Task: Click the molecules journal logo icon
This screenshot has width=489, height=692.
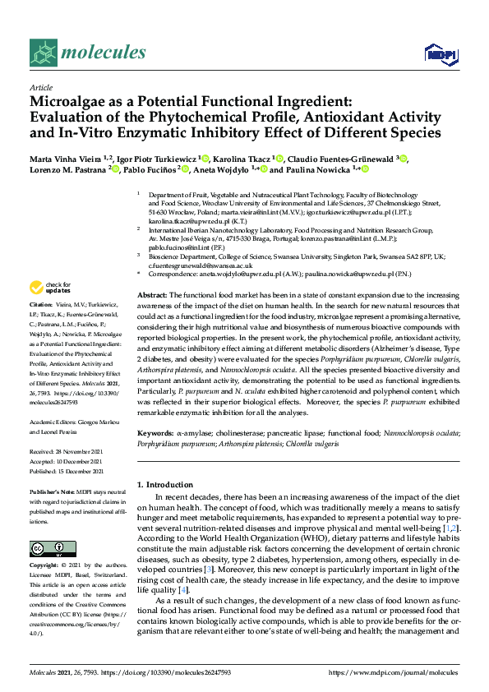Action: point(44,53)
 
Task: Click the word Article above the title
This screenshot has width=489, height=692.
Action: point(40,86)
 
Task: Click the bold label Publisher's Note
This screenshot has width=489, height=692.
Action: point(52,491)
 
